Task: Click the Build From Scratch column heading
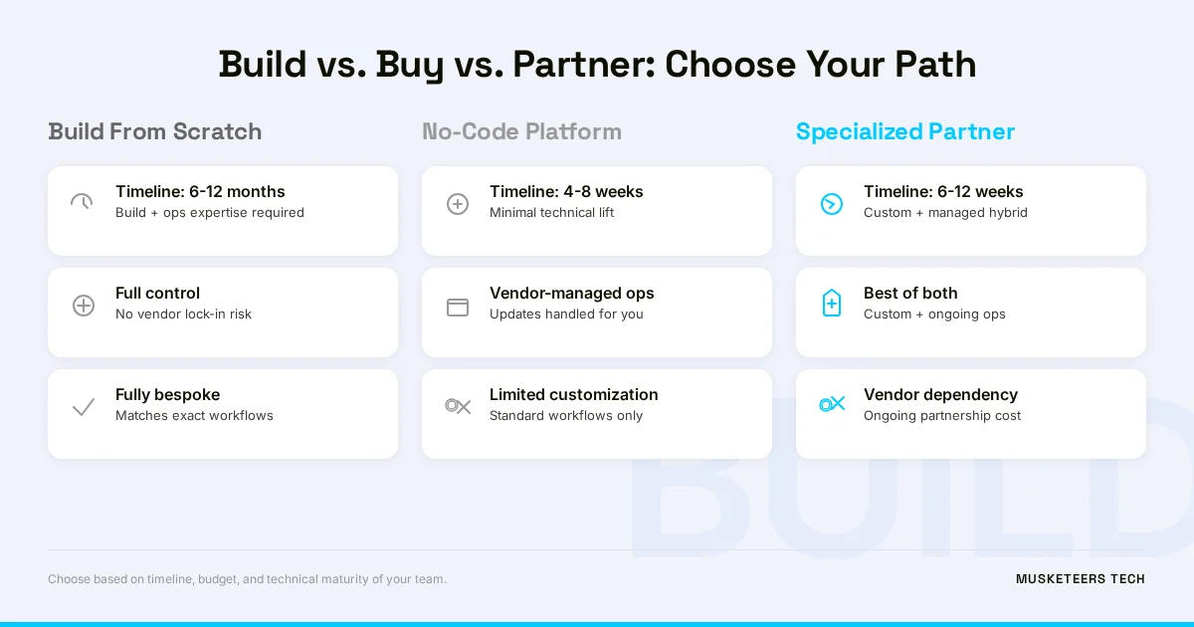[154, 131]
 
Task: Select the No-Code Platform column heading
[521, 131]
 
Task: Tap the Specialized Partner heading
[904, 131]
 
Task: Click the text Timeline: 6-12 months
[200, 191]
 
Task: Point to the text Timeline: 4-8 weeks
[566, 191]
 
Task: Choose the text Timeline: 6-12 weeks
[943, 191]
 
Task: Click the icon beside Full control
[84, 306]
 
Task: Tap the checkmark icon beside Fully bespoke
[84, 407]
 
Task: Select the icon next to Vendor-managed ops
[458, 308]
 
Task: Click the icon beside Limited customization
[458, 406]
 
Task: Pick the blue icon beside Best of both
[832, 304]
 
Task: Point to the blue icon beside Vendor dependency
[832, 404]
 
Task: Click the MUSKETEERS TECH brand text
[1080, 579]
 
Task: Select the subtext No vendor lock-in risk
[183, 314]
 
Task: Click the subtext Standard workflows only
[566, 416]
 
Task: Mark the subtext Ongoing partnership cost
[942, 416]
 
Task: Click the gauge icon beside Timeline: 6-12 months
[82, 202]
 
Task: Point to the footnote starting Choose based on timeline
[247, 579]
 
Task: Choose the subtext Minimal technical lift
[551, 213]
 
